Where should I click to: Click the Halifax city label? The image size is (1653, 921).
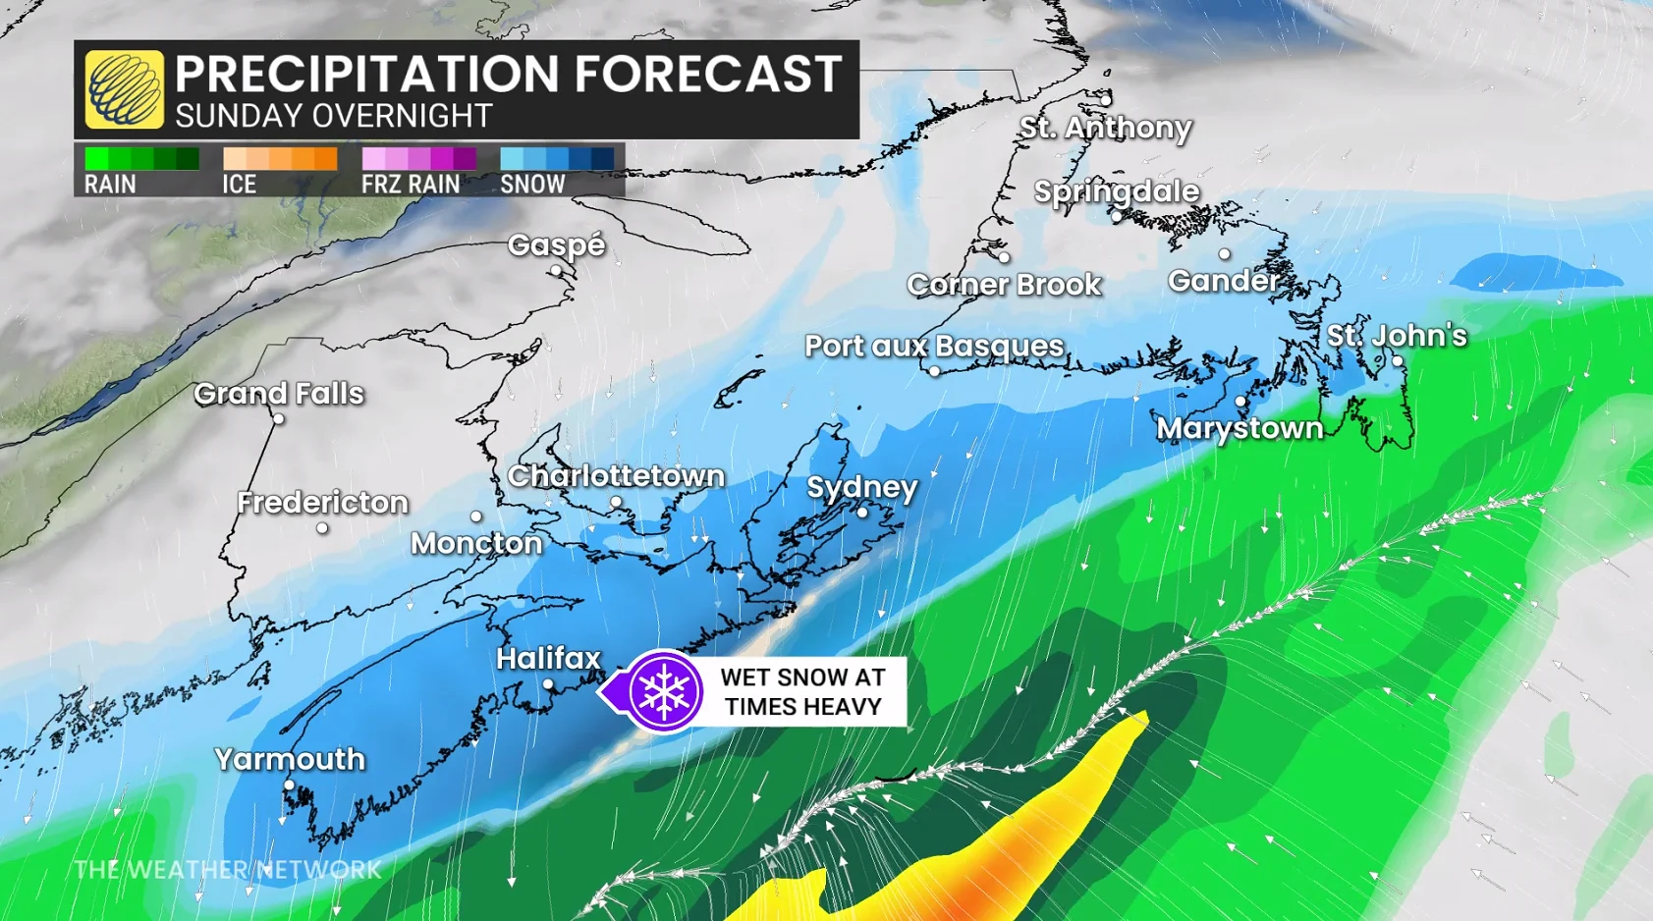[x=548, y=658]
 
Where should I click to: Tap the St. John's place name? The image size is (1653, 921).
[x=1396, y=336]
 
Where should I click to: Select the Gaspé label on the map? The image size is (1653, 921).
[x=556, y=245]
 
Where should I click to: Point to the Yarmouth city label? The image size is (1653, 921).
[x=290, y=759]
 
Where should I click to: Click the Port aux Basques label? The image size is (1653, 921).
[x=934, y=346]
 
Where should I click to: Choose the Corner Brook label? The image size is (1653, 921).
[x=1004, y=285]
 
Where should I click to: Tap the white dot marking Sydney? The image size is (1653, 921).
[x=862, y=513]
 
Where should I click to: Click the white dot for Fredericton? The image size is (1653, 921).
[x=322, y=528]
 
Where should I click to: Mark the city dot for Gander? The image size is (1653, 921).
[x=1224, y=254]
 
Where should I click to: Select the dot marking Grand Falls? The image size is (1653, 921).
[x=279, y=419]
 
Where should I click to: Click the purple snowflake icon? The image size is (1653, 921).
[x=664, y=691]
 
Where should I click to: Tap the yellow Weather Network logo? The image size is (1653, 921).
[x=124, y=89]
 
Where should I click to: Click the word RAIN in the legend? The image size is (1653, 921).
[x=110, y=185]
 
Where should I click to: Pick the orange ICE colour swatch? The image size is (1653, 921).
[x=280, y=159]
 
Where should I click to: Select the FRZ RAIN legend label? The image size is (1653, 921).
[x=411, y=185]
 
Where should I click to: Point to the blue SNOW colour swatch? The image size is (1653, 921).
[x=557, y=159]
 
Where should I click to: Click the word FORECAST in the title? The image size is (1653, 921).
[x=707, y=74]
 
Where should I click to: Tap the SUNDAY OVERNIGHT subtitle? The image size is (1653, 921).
[x=334, y=116]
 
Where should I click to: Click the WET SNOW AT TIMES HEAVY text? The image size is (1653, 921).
[x=802, y=691]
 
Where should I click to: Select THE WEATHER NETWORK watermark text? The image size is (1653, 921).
[x=228, y=870]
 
